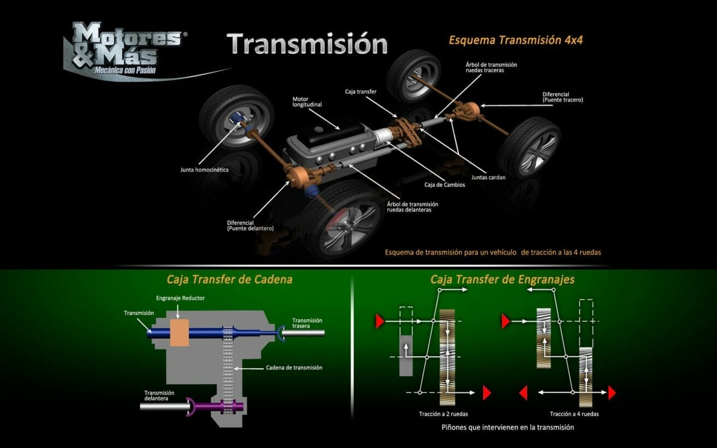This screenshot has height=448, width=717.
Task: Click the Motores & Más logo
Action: point(128,50)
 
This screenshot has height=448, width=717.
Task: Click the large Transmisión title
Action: point(307,43)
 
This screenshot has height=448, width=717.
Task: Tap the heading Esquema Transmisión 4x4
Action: point(516,40)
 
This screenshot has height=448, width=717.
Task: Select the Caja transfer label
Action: point(361,92)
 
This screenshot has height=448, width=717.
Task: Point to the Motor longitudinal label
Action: point(307,102)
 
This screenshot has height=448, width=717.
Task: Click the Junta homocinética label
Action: point(204,169)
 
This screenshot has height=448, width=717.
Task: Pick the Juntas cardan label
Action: point(488,177)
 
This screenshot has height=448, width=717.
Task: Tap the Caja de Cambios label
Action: point(445,185)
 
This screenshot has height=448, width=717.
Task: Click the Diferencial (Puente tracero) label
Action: point(563,97)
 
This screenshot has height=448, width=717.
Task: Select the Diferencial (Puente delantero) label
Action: point(250,226)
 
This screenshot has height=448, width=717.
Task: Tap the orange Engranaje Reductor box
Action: point(179,333)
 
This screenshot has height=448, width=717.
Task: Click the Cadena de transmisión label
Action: point(294,368)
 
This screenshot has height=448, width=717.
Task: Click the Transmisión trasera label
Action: point(307,323)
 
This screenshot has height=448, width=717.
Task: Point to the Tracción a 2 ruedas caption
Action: point(443,414)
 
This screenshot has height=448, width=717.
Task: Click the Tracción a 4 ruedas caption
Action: point(574,414)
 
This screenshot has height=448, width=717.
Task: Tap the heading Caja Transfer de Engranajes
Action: point(502,279)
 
